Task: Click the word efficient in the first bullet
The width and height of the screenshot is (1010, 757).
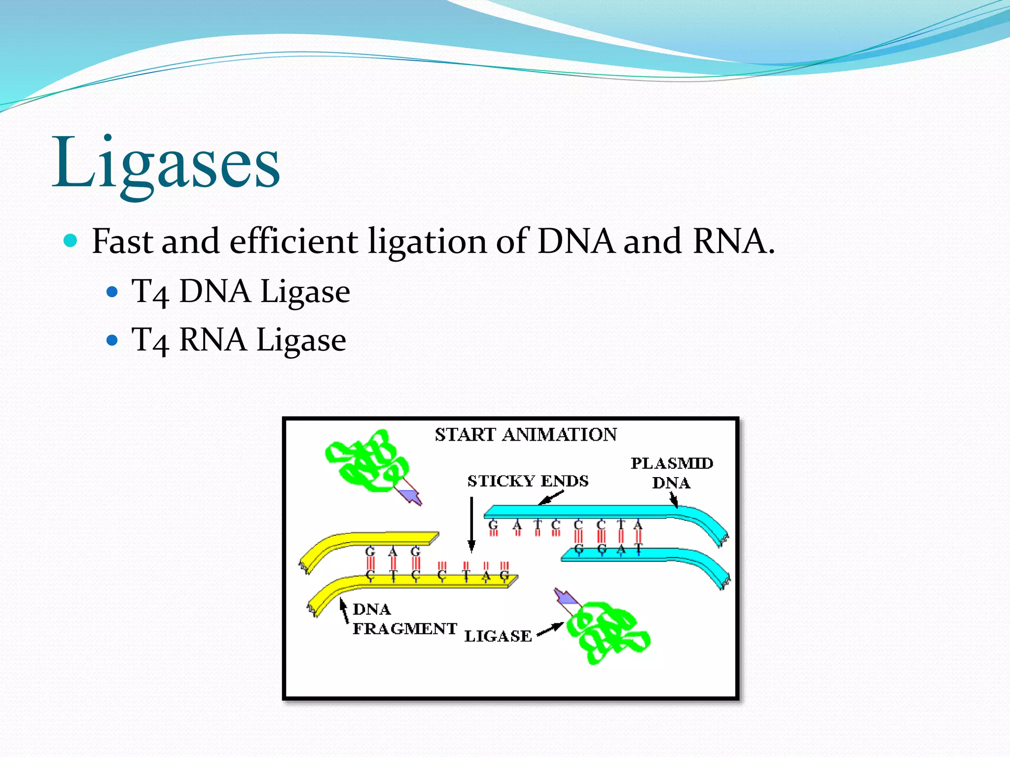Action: [294, 241]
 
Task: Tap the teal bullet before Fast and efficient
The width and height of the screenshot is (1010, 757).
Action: [71, 241]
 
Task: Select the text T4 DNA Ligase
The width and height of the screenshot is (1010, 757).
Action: [241, 291]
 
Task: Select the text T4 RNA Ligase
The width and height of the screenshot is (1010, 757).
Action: [239, 340]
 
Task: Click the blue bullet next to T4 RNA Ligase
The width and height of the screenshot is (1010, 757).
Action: [112, 340]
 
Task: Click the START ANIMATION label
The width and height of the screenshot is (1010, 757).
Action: [526, 435]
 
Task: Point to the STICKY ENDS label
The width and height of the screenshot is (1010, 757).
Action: [528, 481]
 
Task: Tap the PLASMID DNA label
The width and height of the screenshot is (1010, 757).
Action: [672, 473]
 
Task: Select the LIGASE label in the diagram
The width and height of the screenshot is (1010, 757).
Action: [498, 636]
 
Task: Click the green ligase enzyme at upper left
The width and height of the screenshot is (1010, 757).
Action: [367, 461]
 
